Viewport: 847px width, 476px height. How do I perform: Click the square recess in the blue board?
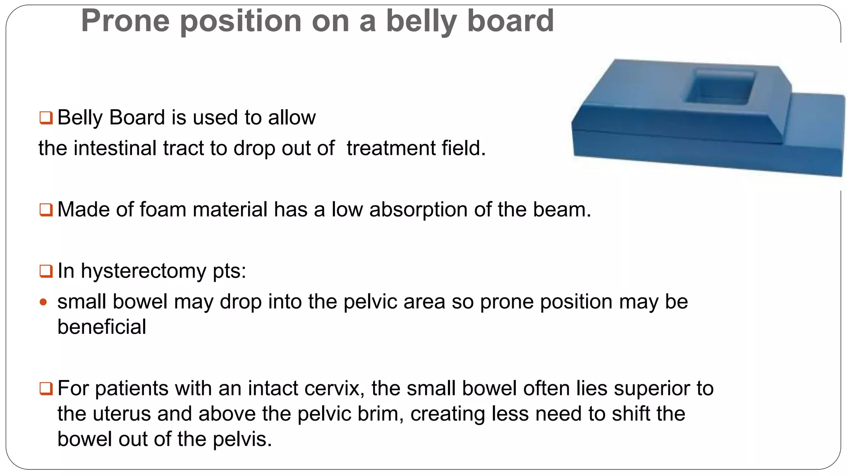coord(720,87)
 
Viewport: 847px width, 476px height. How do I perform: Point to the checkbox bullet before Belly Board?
coord(46,118)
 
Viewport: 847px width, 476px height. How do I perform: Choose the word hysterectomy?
coord(143,271)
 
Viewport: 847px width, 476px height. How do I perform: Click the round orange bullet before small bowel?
coord(43,302)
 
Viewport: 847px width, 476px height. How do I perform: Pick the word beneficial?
coord(102,327)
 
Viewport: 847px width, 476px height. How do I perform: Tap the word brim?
coord(380,414)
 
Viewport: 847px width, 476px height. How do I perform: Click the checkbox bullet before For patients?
coord(46,388)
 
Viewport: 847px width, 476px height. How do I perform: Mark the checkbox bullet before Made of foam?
coord(46,209)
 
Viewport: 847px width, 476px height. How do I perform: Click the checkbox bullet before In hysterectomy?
coord(46,271)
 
